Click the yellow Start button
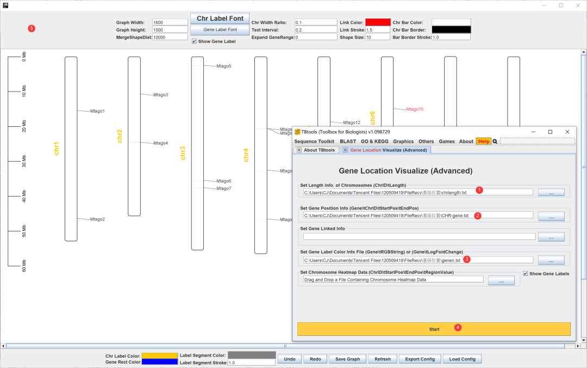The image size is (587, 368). pyautogui.click(x=434, y=329)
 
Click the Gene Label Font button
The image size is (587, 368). pyautogui.click(x=220, y=29)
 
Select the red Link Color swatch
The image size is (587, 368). pyautogui.click(x=378, y=22)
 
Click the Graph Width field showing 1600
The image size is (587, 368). pyautogui.click(x=170, y=22)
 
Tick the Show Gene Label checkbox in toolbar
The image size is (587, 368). pyautogui.click(x=195, y=41)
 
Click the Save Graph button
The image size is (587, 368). pyautogui.click(x=348, y=359)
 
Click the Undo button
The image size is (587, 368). pyautogui.click(x=290, y=359)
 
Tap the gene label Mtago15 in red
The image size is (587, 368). pyautogui.click(x=415, y=109)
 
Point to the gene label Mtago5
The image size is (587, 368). pyautogui.click(x=223, y=66)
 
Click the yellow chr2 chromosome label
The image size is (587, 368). pyautogui.click(x=120, y=136)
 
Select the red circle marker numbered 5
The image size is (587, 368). pyautogui.click(x=32, y=28)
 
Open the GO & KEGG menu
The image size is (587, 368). pyautogui.click(x=374, y=142)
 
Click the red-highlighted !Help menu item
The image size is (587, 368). pyautogui.click(x=483, y=142)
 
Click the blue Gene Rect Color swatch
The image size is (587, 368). pyautogui.click(x=159, y=362)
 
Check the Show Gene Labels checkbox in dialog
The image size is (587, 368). pyautogui.click(x=525, y=273)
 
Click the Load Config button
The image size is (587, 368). pyautogui.click(x=462, y=359)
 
